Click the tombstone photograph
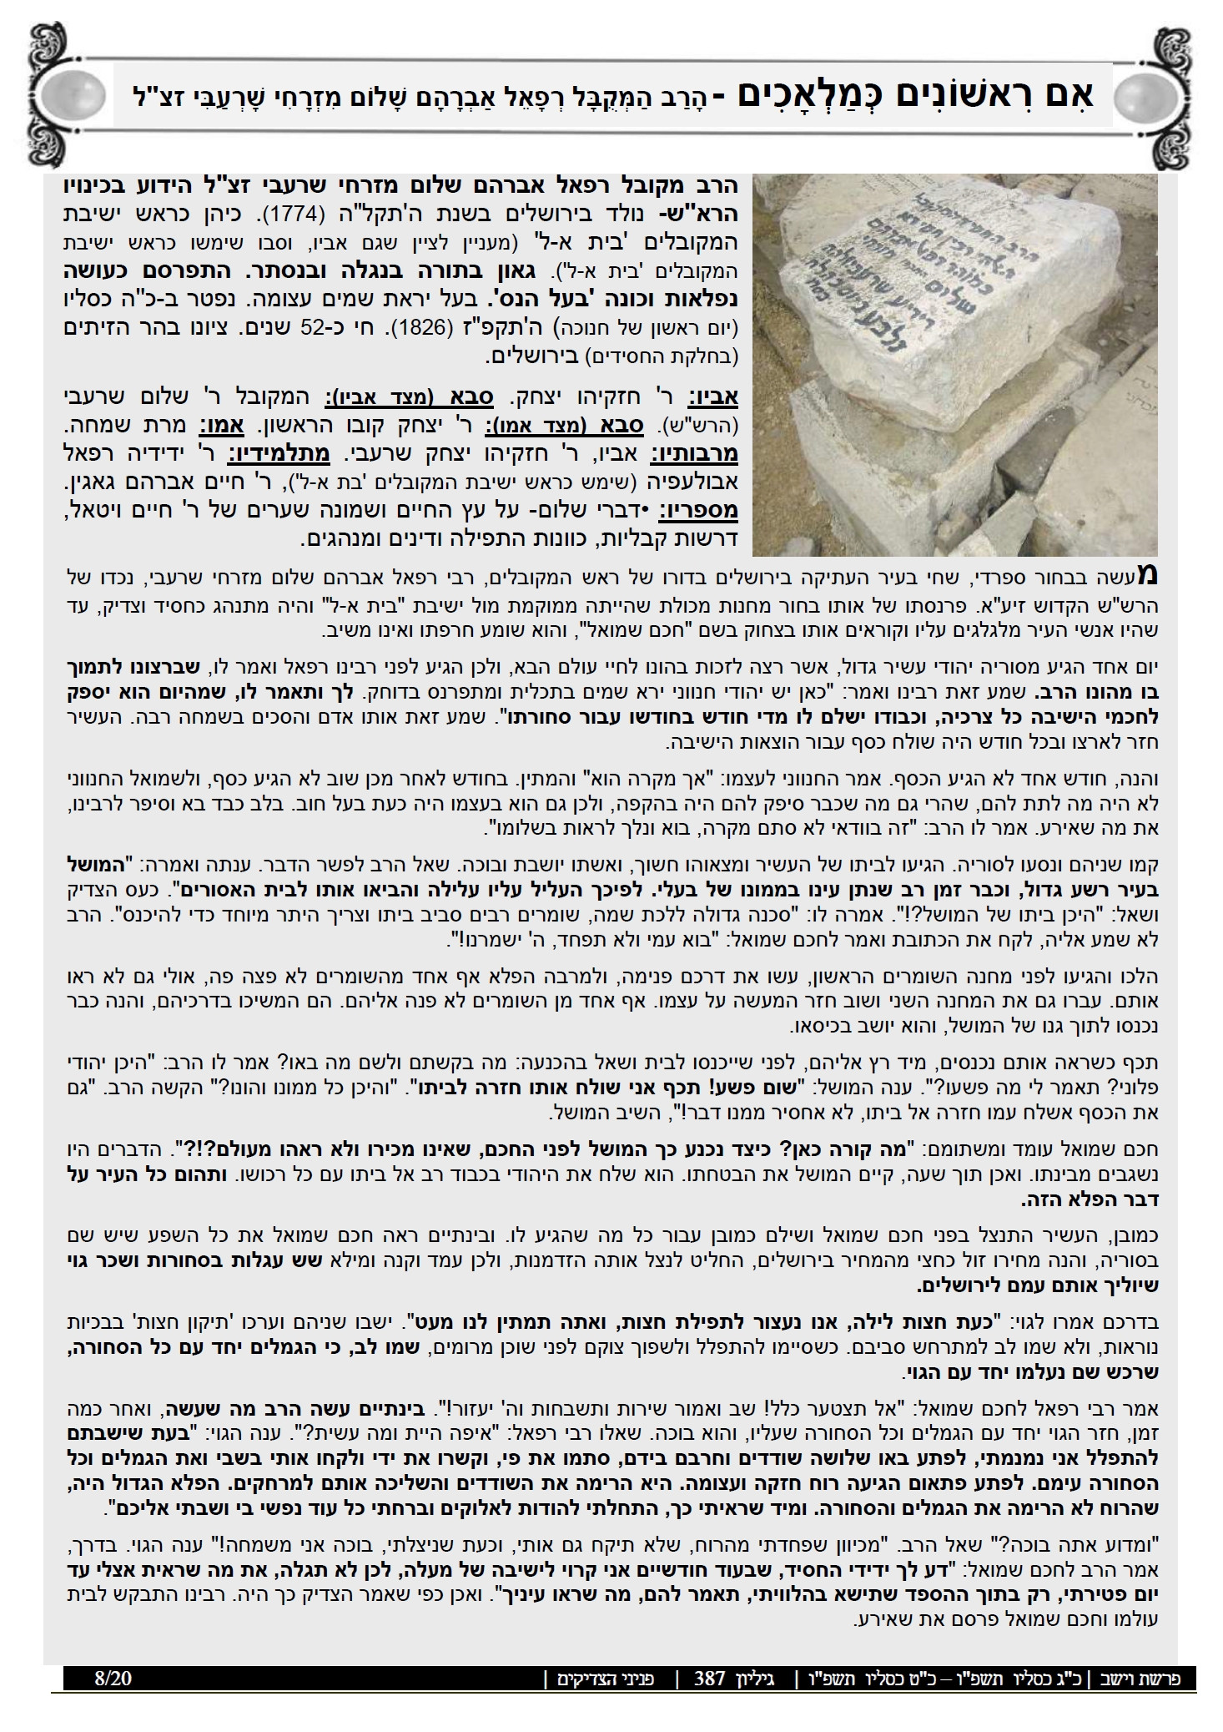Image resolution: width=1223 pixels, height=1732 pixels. click(x=955, y=365)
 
